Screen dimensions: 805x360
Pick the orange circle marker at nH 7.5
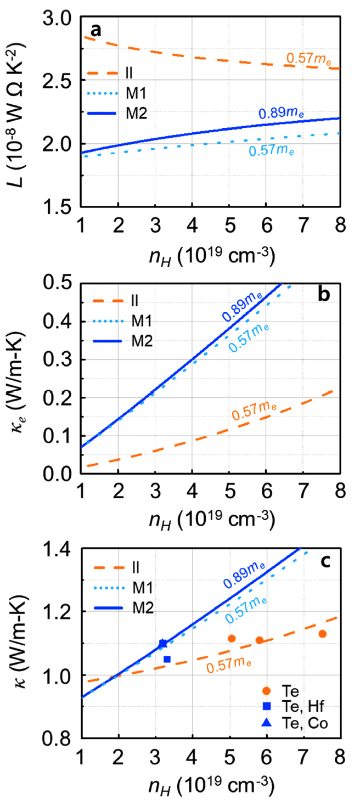pos(323,634)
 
